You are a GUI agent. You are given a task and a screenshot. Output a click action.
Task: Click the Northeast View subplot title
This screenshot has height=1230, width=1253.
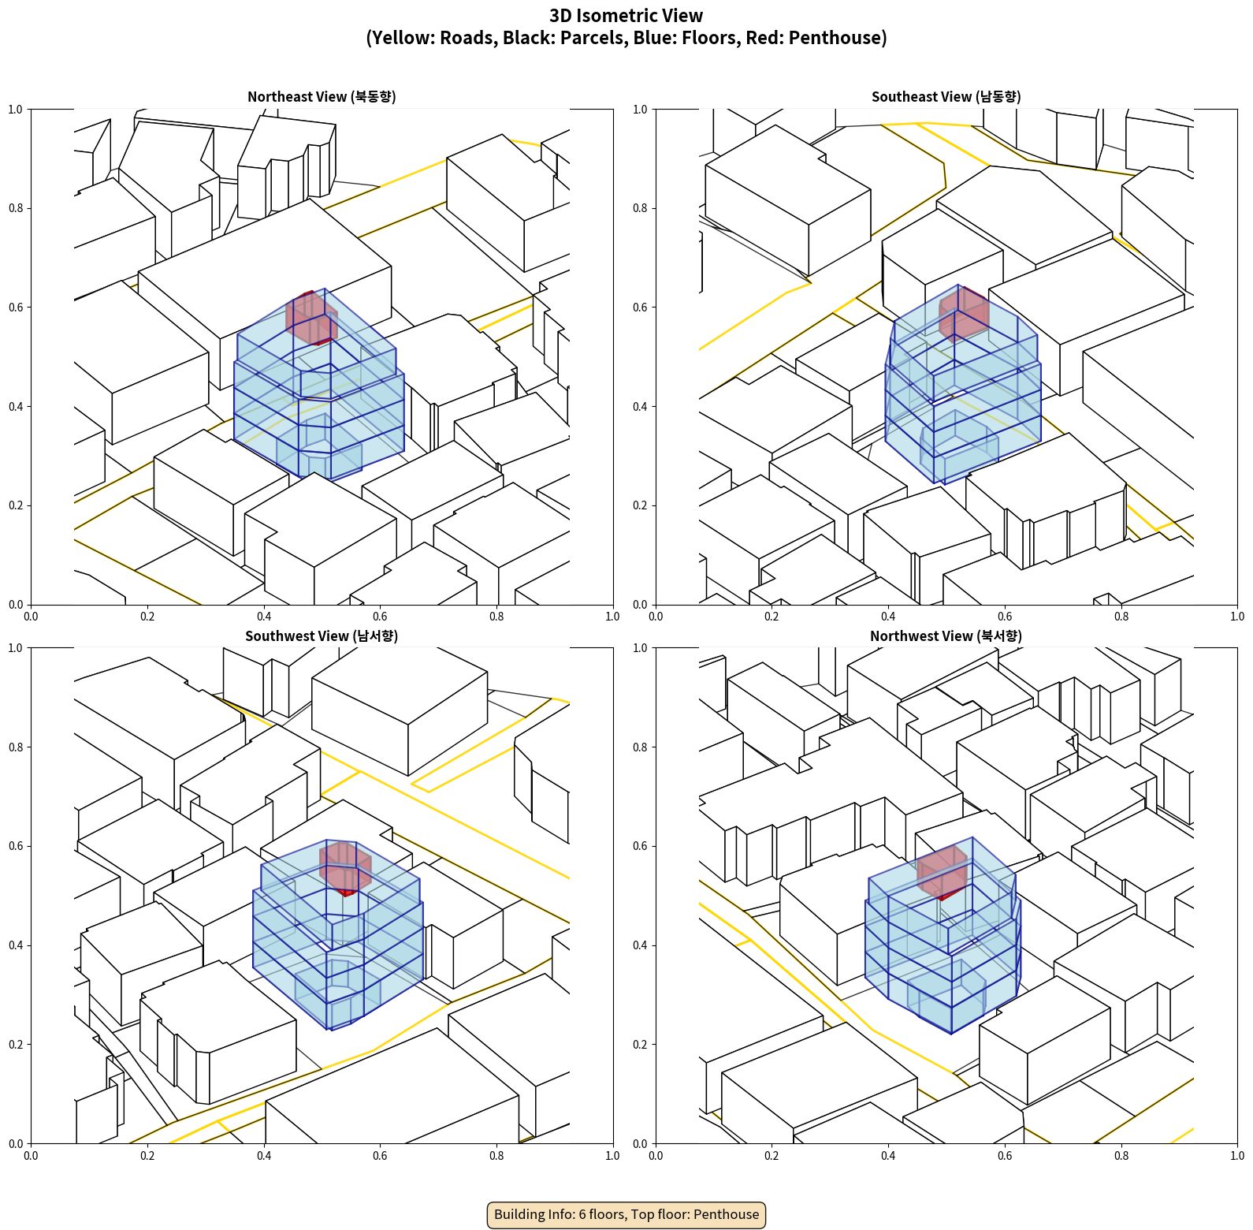point(322,97)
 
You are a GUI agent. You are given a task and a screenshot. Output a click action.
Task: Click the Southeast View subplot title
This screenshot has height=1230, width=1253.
point(946,97)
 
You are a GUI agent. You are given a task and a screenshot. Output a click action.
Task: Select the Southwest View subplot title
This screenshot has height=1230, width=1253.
point(322,636)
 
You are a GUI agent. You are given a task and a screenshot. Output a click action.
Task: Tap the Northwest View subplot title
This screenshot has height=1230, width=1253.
point(946,636)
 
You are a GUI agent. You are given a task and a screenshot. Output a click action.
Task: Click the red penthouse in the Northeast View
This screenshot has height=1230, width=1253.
point(311,318)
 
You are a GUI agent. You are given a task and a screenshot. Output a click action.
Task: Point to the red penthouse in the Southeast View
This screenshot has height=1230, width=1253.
point(964,313)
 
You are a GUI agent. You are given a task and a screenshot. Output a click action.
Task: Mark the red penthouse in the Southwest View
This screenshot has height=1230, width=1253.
point(345,868)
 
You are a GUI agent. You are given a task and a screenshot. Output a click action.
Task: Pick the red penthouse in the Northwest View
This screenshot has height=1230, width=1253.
point(943,873)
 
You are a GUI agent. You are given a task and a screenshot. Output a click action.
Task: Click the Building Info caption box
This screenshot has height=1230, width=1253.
point(626,1214)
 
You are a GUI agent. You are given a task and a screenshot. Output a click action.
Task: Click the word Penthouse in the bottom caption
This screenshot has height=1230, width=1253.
point(726,1214)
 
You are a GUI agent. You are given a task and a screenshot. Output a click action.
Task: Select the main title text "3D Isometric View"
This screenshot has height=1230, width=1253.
point(626,16)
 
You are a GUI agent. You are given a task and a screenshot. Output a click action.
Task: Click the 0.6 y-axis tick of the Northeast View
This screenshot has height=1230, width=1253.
point(16,307)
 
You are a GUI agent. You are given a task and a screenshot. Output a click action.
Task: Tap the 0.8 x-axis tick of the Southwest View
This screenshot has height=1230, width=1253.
point(496,1156)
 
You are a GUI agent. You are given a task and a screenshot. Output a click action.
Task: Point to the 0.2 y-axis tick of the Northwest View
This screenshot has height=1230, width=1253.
point(640,1045)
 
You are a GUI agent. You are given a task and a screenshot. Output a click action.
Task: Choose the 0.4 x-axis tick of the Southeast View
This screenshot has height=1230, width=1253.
point(888,617)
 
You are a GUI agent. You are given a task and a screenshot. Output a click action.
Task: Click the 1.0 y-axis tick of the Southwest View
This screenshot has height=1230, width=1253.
point(16,648)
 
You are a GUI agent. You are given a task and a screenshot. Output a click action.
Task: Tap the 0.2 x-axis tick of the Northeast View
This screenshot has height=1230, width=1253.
point(147,617)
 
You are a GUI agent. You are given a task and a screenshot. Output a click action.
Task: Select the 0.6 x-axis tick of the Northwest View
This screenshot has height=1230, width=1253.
point(1005,1156)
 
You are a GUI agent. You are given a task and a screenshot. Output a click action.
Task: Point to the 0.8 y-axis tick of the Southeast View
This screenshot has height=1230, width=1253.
point(640,208)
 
